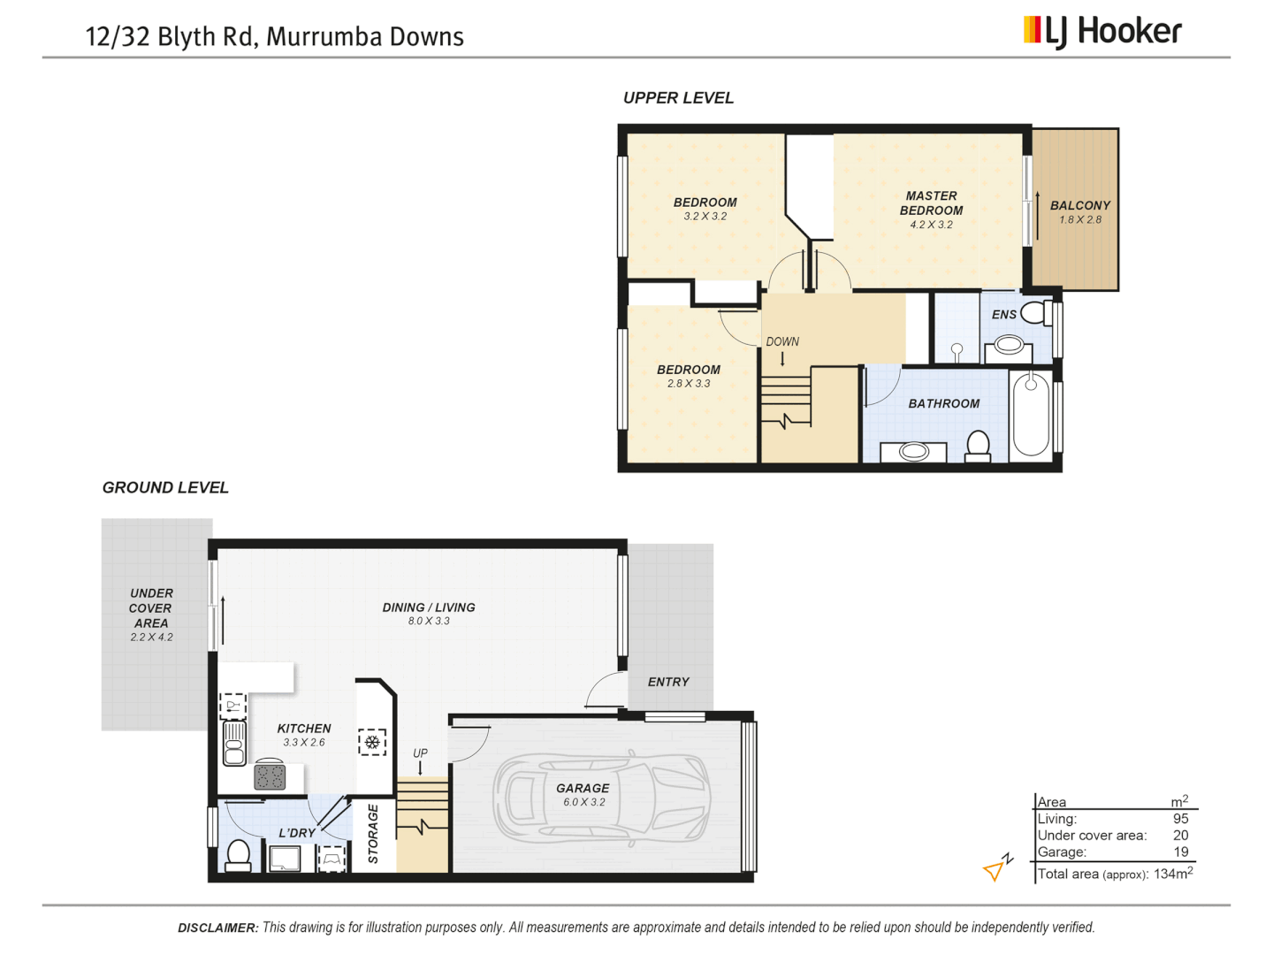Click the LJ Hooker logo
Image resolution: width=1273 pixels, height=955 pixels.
[x=1102, y=32]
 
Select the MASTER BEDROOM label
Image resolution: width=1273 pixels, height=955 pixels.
[x=931, y=203]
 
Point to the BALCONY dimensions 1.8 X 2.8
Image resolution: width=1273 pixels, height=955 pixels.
[x=1080, y=220]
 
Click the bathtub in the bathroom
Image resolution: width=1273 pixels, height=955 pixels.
[x=1030, y=414]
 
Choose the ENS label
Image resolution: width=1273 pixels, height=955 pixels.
[x=1003, y=315]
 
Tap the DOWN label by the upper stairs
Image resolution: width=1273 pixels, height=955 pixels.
[x=782, y=341]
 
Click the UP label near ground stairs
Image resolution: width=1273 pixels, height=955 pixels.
[x=420, y=753]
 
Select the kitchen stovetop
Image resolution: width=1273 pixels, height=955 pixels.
[x=270, y=776]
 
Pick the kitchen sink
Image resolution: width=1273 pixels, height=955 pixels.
[x=234, y=743]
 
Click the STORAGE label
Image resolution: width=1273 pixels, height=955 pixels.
[x=373, y=834]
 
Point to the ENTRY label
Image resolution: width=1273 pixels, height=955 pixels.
[x=668, y=682]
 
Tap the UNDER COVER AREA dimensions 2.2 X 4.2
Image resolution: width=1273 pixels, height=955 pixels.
[x=152, y=637]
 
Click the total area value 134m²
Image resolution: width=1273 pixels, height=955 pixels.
[x=1173, y=874]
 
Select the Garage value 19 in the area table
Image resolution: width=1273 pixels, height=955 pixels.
[x=1180, y=852]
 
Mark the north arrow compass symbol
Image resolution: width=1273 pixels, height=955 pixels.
[x=997, y=868]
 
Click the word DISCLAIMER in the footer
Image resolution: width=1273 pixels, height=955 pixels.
[x=217, y=928]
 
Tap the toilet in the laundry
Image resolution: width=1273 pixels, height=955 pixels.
[x=238, y=855]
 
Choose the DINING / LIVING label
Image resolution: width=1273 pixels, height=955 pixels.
[x=429, y=607]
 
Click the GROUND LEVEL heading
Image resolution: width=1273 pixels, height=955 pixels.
[x=165, y=488]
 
